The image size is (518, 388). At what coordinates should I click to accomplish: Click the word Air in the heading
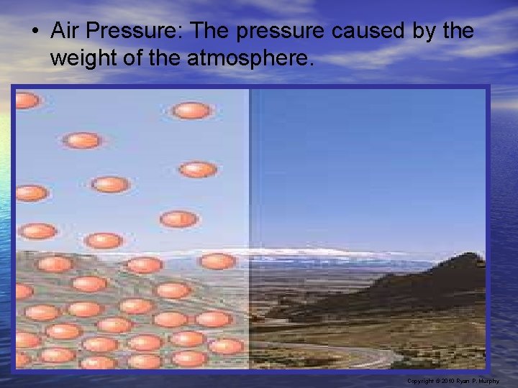click(x=65, y=30)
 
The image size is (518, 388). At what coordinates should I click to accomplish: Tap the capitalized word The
click(x=209, y=30)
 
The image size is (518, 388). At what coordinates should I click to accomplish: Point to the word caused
click(x=368, y=30)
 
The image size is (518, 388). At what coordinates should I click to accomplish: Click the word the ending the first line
click(x=458, y=30)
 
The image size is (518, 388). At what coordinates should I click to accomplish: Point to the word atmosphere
click(x=250, y=59)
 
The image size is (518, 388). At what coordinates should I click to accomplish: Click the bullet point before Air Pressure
click(x=35, y=31)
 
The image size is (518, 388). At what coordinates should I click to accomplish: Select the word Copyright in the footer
click(x=420, y=382)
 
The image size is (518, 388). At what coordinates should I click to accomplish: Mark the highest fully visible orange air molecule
click(x=191, y=111)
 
